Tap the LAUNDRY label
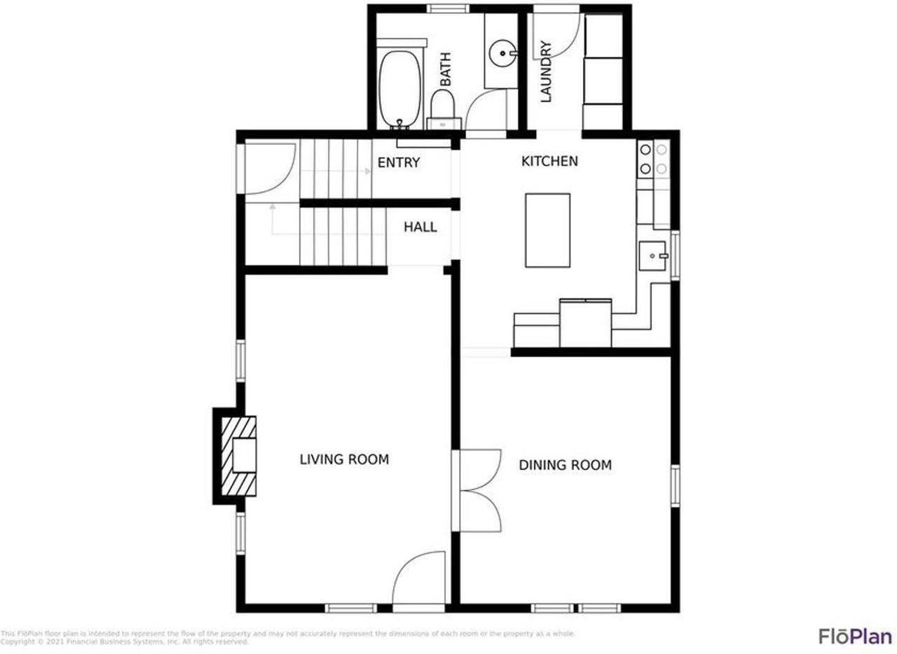click(547, 71)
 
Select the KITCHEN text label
click(549, 161)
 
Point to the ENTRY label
click(399, 163)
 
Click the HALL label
click(420, 227)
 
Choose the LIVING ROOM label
click(344, 459)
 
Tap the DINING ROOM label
click(565, 465)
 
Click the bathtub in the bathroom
click(400, 88)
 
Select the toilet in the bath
click(443, 110)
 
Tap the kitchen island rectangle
click(547, 230)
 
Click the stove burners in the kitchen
click(653, 158)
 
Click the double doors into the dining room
click(479, 489)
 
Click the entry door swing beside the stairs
click(270, 168)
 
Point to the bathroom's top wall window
click(448, 8)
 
